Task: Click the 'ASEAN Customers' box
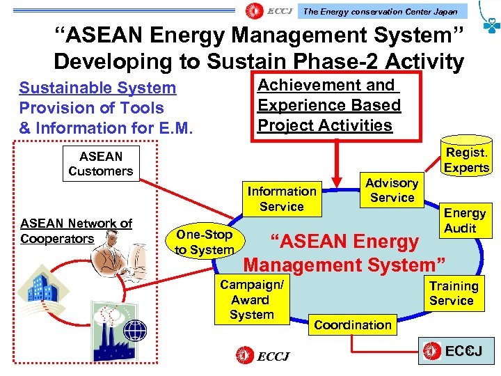[101, 164]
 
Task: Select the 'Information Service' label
[282, 198]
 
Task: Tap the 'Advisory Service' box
[392, 190]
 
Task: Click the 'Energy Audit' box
[465, 220]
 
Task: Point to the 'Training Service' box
[452, 293]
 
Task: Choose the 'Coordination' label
[353, 324]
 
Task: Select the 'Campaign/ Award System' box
[252, 299]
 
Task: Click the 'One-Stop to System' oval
[204, 242]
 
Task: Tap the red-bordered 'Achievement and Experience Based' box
[328, 105]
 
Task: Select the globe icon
[134, 329]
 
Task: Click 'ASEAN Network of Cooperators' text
[76, 231]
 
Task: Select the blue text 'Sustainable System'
[97, 88]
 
